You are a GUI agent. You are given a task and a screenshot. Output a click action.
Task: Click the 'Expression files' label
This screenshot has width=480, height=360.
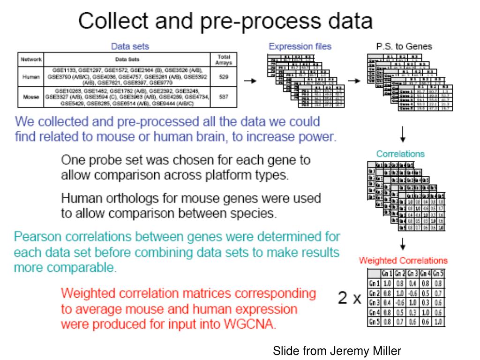point(300,46)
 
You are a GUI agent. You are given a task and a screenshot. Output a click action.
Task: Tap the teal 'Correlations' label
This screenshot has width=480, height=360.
point(400,153)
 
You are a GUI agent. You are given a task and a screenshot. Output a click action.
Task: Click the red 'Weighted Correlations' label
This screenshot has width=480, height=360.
point(403,260)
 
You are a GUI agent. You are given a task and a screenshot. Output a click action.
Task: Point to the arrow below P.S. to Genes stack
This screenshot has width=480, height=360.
point(404,136)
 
